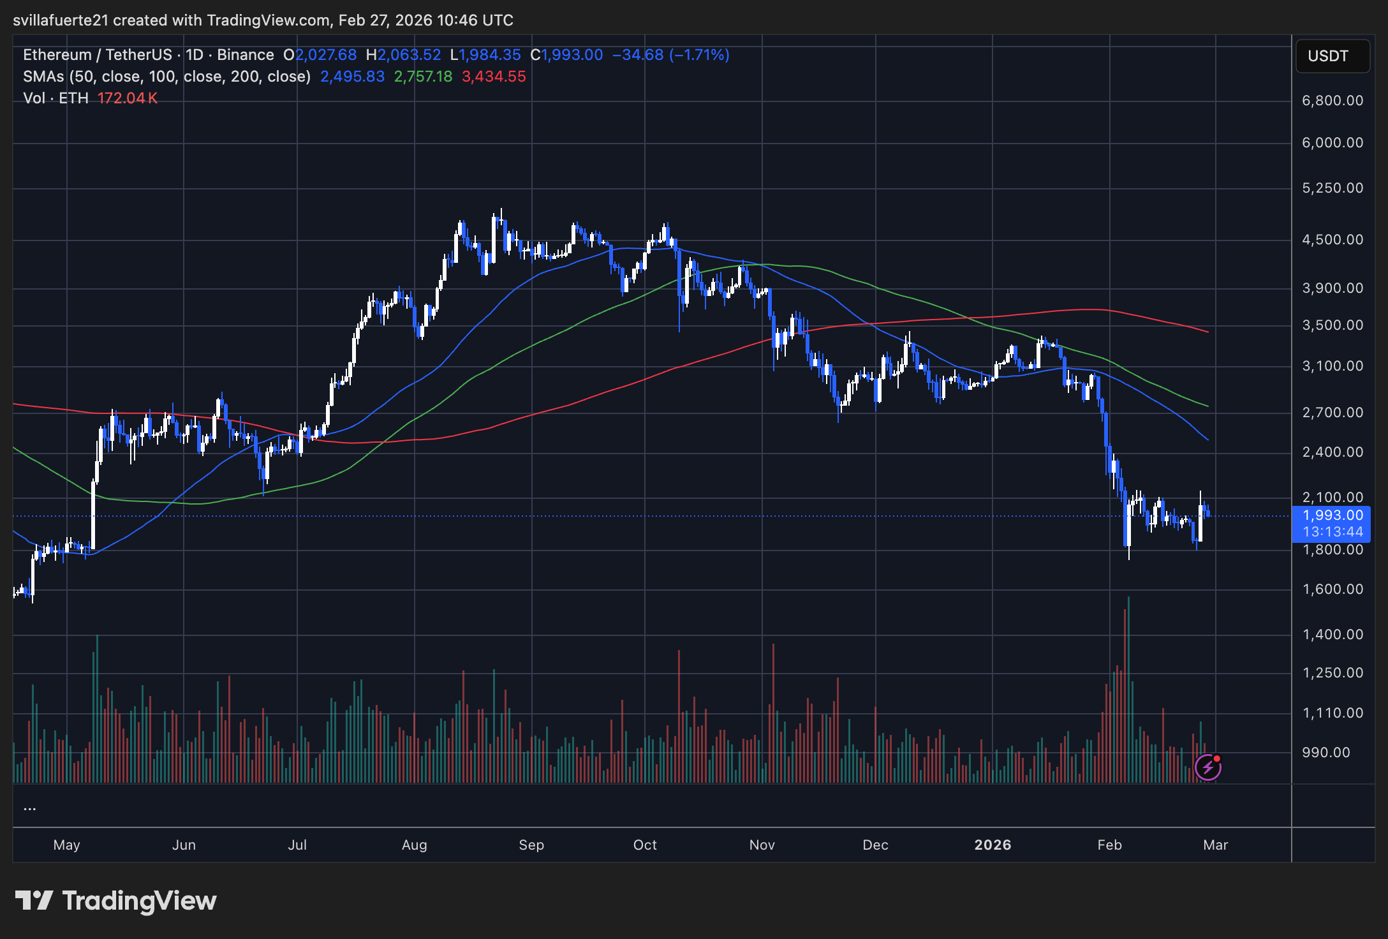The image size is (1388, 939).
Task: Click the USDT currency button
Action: [1332, 56]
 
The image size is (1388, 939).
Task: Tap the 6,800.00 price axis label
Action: [1332, 101]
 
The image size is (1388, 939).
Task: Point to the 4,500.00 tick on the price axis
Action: [1332, 240]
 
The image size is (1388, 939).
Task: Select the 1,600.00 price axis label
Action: [1332, 589]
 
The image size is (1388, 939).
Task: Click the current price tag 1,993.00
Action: [1332, 515]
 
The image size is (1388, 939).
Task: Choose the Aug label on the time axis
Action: [414, 845]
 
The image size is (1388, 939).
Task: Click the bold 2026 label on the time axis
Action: [993, 845]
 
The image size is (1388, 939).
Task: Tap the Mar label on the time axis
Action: [1215, 845]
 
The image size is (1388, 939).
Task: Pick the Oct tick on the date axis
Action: [645, 845]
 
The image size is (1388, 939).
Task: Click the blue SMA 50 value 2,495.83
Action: [352, 77]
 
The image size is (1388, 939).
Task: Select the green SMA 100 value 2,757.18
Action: [423, 77]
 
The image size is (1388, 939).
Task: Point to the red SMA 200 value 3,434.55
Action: [494, 77]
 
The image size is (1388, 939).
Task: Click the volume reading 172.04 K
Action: [128, 99]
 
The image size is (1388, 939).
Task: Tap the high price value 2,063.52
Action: [409, 55]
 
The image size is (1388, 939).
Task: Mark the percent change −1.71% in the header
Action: [699, 55]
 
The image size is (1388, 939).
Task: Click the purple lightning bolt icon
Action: [1207, 767]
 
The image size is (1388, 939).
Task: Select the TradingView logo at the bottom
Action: [116, 901]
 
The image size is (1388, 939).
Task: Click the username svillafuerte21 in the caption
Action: [61, 20]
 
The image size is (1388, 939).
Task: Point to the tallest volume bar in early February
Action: [1128, 689]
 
